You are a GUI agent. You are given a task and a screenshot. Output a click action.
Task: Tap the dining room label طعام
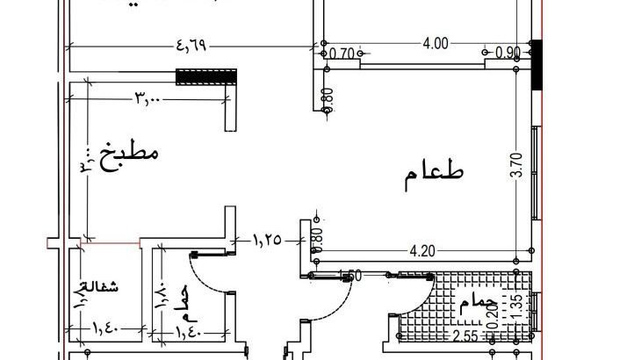tap(434, 176)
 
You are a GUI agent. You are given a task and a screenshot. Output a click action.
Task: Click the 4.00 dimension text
tap(436, 43)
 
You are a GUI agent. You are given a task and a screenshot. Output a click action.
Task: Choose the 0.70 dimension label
tap(342, 54)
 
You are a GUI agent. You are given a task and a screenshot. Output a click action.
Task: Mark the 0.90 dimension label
tap(508, 53)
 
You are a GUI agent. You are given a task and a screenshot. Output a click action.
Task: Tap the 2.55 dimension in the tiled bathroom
tap(466, 337)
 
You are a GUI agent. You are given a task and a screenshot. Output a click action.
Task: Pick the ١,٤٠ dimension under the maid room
tap(105, 332)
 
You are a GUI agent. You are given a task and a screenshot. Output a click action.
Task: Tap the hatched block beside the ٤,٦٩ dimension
tap(207, 77)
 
